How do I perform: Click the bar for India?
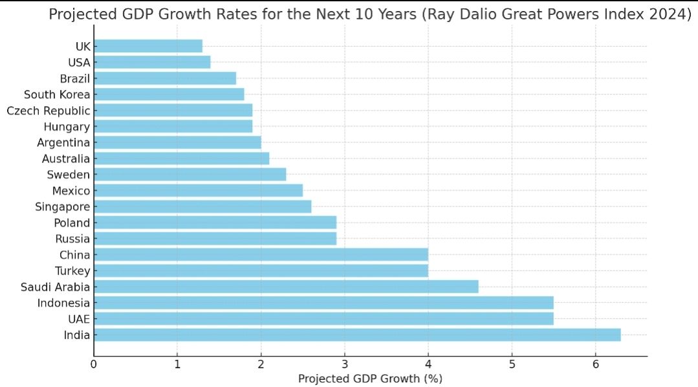[357, 335]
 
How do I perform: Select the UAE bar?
[323, 318]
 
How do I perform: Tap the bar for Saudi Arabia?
[286, 287]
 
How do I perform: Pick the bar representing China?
[261, 254]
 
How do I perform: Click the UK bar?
[148, 46]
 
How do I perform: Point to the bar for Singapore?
[202, 206]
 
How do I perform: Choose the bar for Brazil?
[165, 78]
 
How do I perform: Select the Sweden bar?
[190, 174]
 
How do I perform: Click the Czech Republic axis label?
[48, 110]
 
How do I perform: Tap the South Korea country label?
[56, 94]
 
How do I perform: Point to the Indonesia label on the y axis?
[63, 303]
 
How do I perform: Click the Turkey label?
[72, 271]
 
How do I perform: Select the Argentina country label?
[63, 142]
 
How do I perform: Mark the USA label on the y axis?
[79, 62]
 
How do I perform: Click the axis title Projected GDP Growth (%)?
[370, 379]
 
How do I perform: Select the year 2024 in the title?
[667, 15]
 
